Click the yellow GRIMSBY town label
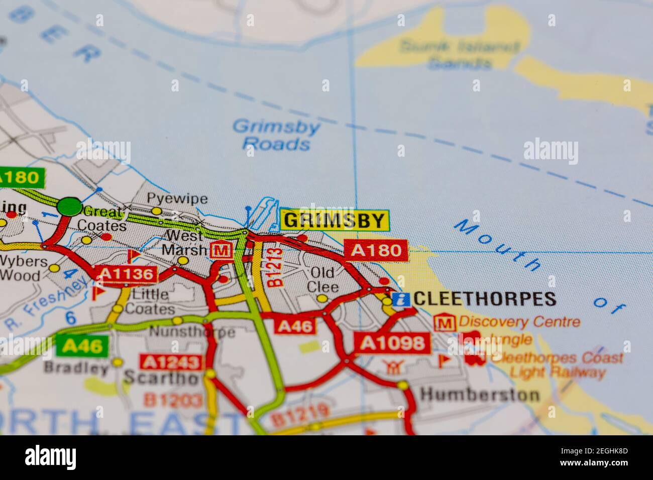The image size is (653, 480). point(335,220)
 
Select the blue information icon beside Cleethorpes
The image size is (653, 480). point(401,300)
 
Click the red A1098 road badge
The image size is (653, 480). point(392,343)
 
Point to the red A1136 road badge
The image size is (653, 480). point(127,274)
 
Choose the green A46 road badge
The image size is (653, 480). point(82,345)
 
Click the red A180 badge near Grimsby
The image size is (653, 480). point(376,251)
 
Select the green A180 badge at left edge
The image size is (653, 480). point(20,178)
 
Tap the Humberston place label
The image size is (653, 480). point(480,394)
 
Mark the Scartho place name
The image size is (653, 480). point(161,378)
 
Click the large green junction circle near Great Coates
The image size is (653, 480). point(69,206)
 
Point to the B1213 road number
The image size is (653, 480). point(276,268)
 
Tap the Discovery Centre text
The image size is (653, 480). point(519,321)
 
